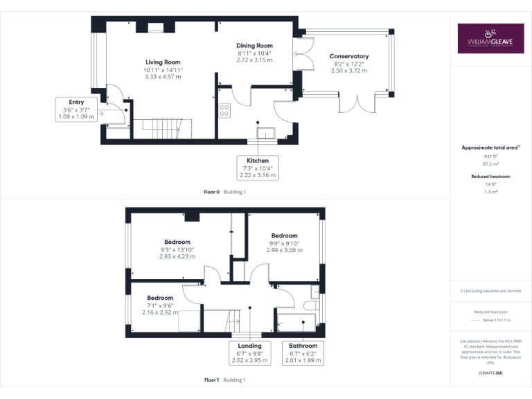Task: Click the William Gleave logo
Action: coord(490,39)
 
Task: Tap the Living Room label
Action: coord(163,62)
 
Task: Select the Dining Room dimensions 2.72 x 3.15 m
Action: coord(255,60)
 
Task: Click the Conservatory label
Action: coord(349,56)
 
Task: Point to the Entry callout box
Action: coord(77,109)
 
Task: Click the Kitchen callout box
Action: coord(258,168)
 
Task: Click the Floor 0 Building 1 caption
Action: coord(224,191)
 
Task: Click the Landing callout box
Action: coord(249,353)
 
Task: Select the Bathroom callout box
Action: coord(303,353)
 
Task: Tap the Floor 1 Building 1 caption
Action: coord(224,380)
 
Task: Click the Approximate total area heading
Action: coord(490,148)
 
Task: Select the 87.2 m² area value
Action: coord(490,165)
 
